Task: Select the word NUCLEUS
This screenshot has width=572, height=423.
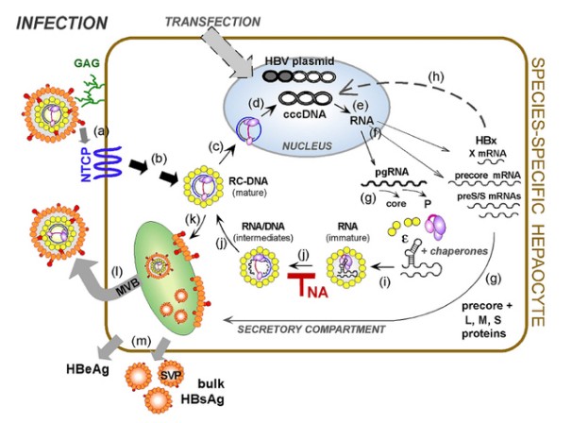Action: pyautogui.click(x=303, y=146)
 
